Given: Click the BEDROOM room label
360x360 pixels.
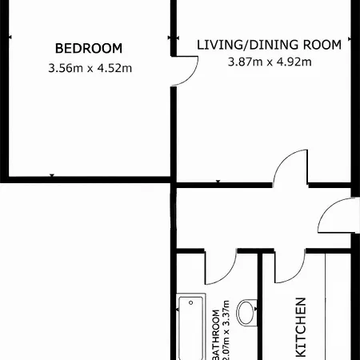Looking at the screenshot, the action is (x=89, y=48).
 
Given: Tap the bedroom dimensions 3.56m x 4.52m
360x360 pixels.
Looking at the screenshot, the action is (x=90, y=68).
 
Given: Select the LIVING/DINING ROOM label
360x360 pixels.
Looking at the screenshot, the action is (x=269, y=45).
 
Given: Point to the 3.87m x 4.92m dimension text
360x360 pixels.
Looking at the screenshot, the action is (x=270, y=62).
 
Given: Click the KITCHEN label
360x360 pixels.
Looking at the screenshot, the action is (x=301, y=327).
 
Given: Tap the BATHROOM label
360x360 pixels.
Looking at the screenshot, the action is (x=216, y=334).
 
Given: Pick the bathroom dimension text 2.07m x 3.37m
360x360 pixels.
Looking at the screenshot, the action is (x=226, y=330).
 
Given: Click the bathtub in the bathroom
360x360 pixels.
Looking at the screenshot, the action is (x=191, y=326).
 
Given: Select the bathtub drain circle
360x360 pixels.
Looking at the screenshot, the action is (x=191, y=302).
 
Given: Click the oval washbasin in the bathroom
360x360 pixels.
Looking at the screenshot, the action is (x=246, y=312).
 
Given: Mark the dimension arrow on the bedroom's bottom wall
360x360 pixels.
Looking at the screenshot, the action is (x=52, y=175).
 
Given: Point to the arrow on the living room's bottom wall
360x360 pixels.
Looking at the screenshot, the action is (x=218, y=182).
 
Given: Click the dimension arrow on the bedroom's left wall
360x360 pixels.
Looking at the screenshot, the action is (x=10, y=38).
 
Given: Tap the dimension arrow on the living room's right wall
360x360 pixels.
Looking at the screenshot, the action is (x=350, y=39).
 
